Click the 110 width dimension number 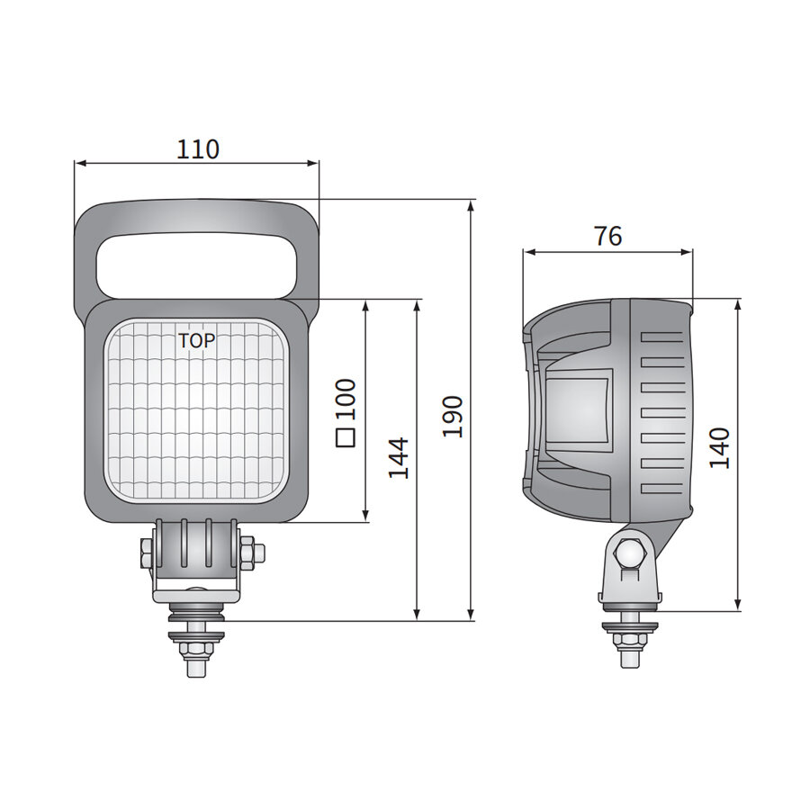coord(197,148)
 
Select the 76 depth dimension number coord(608,237)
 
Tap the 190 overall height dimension coord(454,416)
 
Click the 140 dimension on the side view coord(719,447)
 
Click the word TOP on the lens coord(196,341)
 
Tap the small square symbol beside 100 coord(346,438)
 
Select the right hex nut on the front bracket coord(249,552)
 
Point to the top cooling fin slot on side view coord(662,334)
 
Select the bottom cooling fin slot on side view coord(662,490)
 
